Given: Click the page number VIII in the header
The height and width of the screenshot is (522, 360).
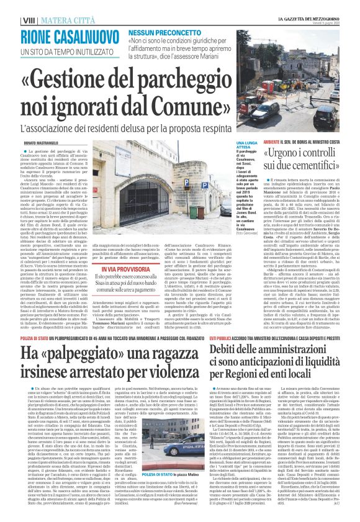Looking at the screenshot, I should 11,7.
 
